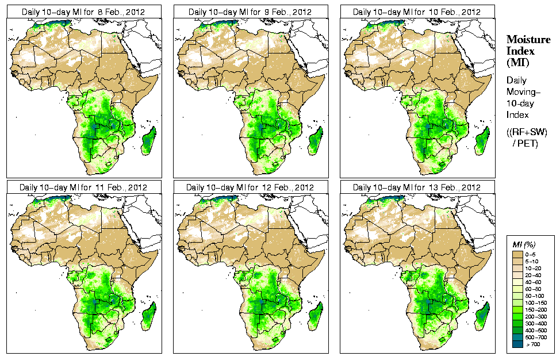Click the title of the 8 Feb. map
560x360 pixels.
click(x=83, y=12)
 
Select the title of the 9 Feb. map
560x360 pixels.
click(x=250, y=12)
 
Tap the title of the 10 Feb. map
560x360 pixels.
click(x=417, y=12)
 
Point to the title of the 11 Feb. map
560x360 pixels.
click(x=83, y=187)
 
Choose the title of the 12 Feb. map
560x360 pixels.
click(x=250, y=187)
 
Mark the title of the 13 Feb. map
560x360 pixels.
click(x=417, y=187)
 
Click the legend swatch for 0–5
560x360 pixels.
click(x=518, y=254)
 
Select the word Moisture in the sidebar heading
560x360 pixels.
click(x=528, y=39)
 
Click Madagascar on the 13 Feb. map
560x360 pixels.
click(x=483, y=313)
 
